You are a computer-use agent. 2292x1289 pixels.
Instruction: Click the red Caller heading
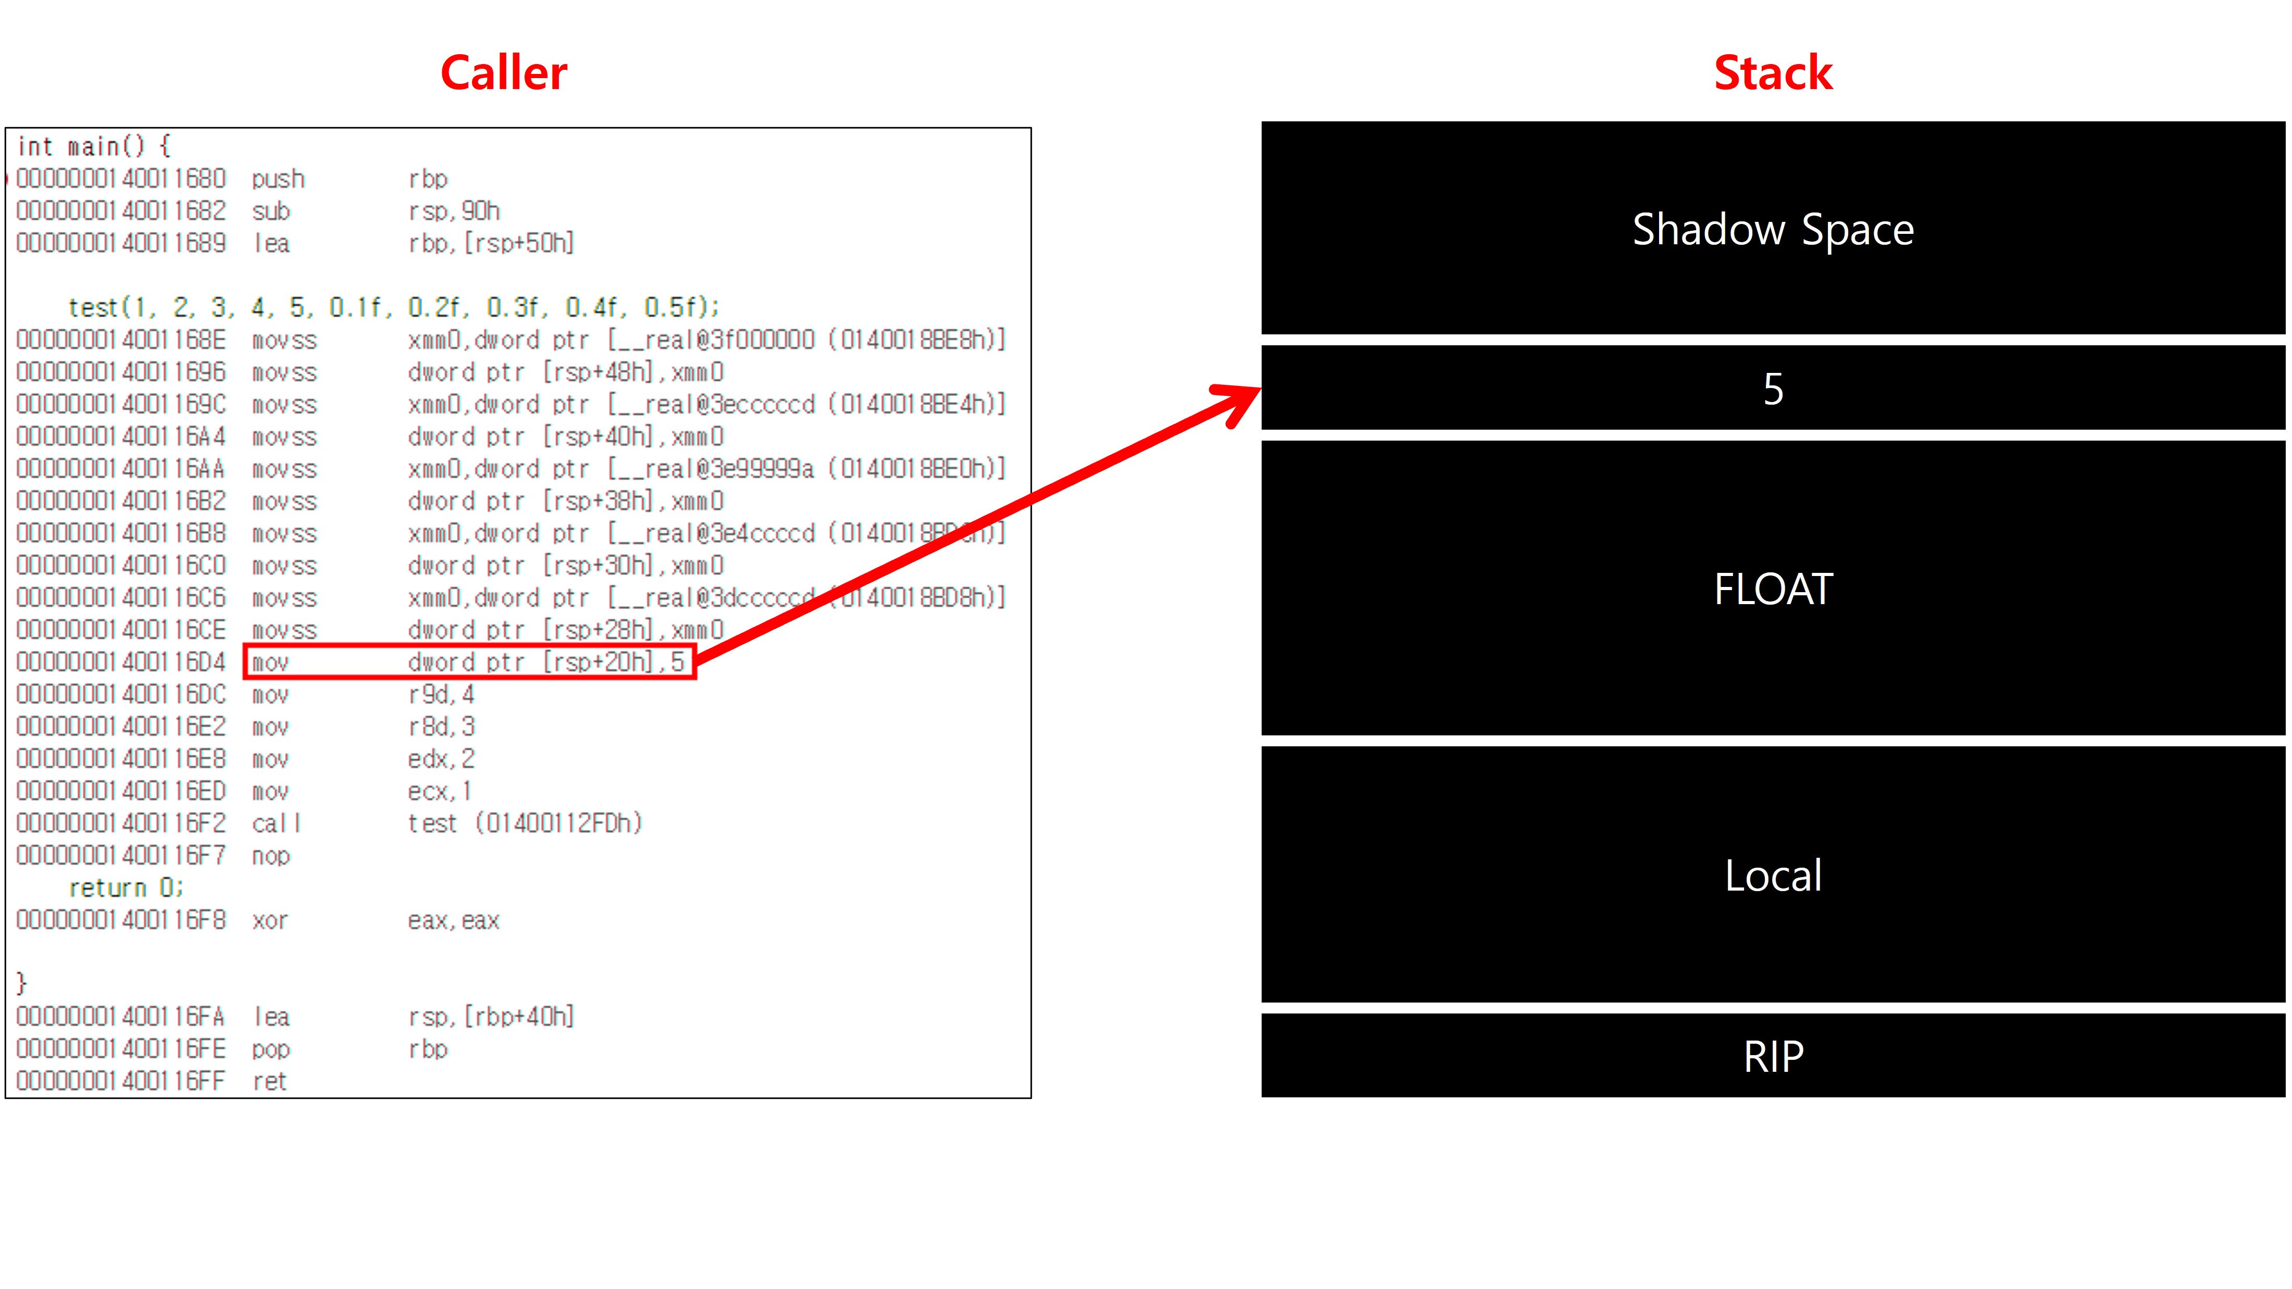click(504, 73)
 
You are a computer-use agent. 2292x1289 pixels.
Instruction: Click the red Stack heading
click(1772, 73)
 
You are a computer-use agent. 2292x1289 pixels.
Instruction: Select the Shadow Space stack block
click(1772, 229)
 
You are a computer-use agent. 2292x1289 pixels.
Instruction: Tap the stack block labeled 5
click(1772, 389)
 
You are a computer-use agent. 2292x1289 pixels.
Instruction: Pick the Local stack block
click(1772, 875)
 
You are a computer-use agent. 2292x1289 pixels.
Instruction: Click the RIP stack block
click(1772, 1056)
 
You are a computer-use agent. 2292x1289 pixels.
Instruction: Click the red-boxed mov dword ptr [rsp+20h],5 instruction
click(469, 662)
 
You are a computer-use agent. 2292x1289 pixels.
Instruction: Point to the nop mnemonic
click(270, 856)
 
